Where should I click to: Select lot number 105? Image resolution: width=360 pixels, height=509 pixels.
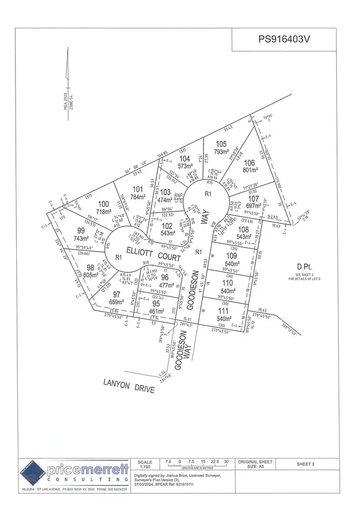point(221,144)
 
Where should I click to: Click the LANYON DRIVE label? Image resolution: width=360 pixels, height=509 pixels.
point(130,386)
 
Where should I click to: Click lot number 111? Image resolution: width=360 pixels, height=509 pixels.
point(225,311)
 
